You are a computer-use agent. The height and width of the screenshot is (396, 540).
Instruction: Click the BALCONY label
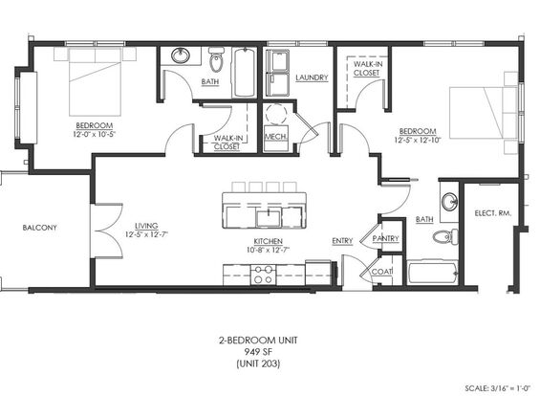coord(39,228)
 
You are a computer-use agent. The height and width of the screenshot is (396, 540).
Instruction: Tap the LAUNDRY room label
coord(312,77)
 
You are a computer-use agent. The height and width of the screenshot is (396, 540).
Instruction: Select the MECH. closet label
coord(276,137)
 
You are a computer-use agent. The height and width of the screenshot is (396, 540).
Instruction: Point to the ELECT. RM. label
coord(493,213)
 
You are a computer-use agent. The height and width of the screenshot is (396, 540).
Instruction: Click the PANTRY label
coord(386,238)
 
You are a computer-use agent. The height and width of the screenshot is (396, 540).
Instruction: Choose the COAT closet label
coord(382,272)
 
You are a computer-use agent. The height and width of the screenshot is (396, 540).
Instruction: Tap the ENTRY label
coord(342,241)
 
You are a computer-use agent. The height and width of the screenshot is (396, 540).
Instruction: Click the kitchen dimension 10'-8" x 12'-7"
coord(269,250)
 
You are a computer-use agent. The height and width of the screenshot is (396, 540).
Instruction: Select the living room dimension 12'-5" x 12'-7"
coord(147,234)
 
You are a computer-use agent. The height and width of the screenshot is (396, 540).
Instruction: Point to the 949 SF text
coord(258,352)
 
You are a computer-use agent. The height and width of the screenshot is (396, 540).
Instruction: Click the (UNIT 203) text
coord(258,363)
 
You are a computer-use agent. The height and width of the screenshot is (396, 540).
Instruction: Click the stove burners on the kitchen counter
coord(263,275)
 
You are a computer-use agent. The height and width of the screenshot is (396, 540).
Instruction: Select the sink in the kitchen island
coord(269,218)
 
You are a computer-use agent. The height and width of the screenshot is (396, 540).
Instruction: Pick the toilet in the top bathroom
coord(217,59)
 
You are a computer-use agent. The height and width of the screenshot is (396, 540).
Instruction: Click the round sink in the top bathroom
coord(181,55)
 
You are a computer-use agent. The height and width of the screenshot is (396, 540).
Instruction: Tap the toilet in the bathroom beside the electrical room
coord(445,237)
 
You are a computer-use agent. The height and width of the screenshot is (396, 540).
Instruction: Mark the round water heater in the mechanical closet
coord(276,114)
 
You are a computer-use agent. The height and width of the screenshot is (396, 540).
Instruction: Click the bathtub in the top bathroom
coord(245,73)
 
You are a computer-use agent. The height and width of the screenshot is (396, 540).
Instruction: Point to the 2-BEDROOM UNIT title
coord(258,341)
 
